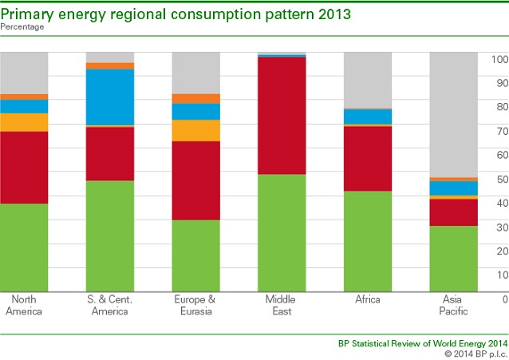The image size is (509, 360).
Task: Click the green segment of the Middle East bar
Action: click(x=282, y=232)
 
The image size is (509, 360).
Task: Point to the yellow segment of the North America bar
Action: click(x=24, y=122)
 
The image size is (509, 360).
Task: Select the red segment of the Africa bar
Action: click(x=368, y=159)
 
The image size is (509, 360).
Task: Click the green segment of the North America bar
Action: click(x=24, y=247)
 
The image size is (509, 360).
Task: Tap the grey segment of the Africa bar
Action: click(x=368, y=80)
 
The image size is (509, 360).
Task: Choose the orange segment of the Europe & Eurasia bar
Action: click(x=196, y=99)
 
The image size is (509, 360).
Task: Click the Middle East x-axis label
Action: click(x=282, y=305)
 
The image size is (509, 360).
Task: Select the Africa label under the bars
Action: click(x=368, y=299)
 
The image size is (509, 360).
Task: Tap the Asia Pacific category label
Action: click(x=454, y=305)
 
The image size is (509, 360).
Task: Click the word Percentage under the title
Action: click(x=22, y=27)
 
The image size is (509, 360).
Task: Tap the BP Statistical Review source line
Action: click(x=421, y=342)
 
